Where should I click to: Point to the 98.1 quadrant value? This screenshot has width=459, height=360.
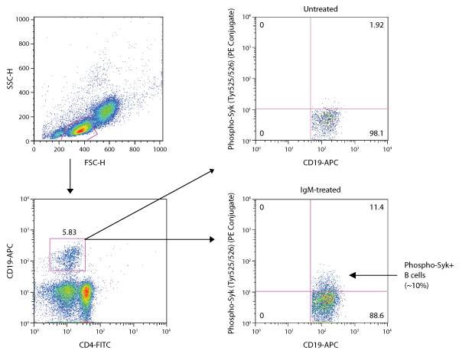(377, 132)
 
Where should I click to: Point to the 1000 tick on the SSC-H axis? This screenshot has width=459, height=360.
(23, 18)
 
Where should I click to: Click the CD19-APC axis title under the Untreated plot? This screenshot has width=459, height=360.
(321, 161)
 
